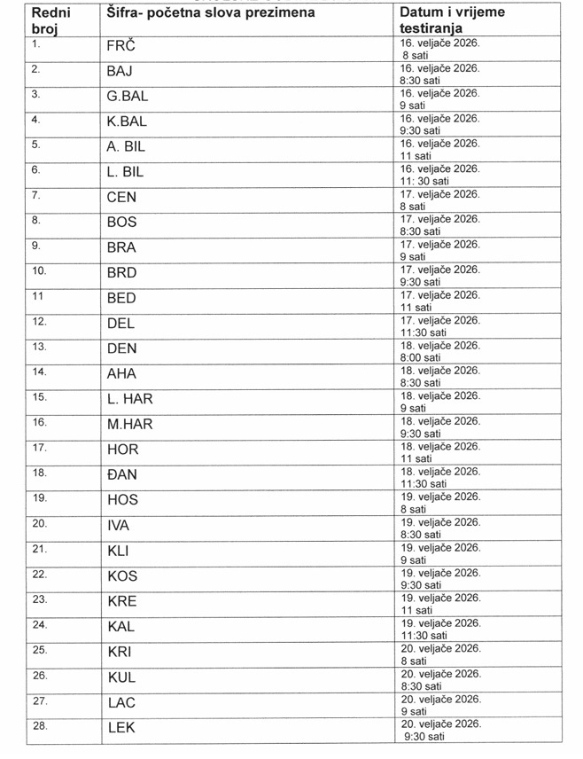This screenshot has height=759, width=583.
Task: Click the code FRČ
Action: tap(121, 46)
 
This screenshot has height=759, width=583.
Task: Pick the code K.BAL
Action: tap(127, 121)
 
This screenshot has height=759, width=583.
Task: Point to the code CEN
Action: tap(122, 197)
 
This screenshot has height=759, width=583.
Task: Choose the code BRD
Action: tap(122, 273)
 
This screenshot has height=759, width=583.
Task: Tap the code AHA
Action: tap(122, 374)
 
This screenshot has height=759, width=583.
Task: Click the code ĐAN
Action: tap(122, 475)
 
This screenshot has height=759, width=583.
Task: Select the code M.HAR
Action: tap(130, 425)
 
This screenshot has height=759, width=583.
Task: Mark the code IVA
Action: tap(119, 526)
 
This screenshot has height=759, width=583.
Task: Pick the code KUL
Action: tap(121, 677)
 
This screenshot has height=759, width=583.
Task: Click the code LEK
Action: tap(120, 728)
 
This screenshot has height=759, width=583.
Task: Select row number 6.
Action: tap(36, 168)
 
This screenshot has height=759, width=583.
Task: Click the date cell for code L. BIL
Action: tap(440, 174)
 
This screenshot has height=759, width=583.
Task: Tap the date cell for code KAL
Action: tap(440, 629)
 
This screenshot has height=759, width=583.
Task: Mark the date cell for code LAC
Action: tap(440, 704)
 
